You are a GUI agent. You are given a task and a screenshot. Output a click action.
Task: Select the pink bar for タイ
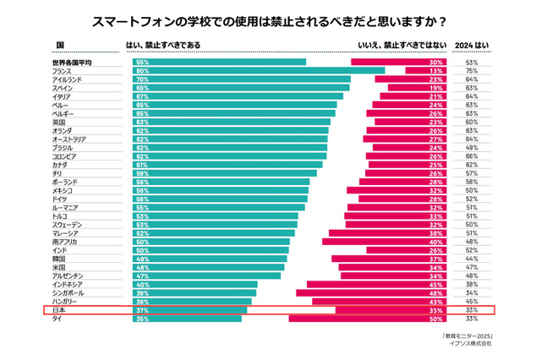click(368, 319)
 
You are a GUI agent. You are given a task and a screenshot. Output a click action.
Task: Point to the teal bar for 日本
click(189, 310)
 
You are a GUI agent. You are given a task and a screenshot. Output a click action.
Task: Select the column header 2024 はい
click(472, 44)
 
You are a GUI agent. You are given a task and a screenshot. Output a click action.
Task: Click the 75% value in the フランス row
click(472, 71)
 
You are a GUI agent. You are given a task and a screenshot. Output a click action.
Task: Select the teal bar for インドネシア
click(194, 285)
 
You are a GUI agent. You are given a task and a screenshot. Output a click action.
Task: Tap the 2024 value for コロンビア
click(472, 156)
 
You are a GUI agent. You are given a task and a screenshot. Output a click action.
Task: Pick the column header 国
click(60, 44)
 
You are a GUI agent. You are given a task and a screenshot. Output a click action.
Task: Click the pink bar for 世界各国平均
click(398, 62)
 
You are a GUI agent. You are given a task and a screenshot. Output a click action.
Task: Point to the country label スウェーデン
click(67, 225)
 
